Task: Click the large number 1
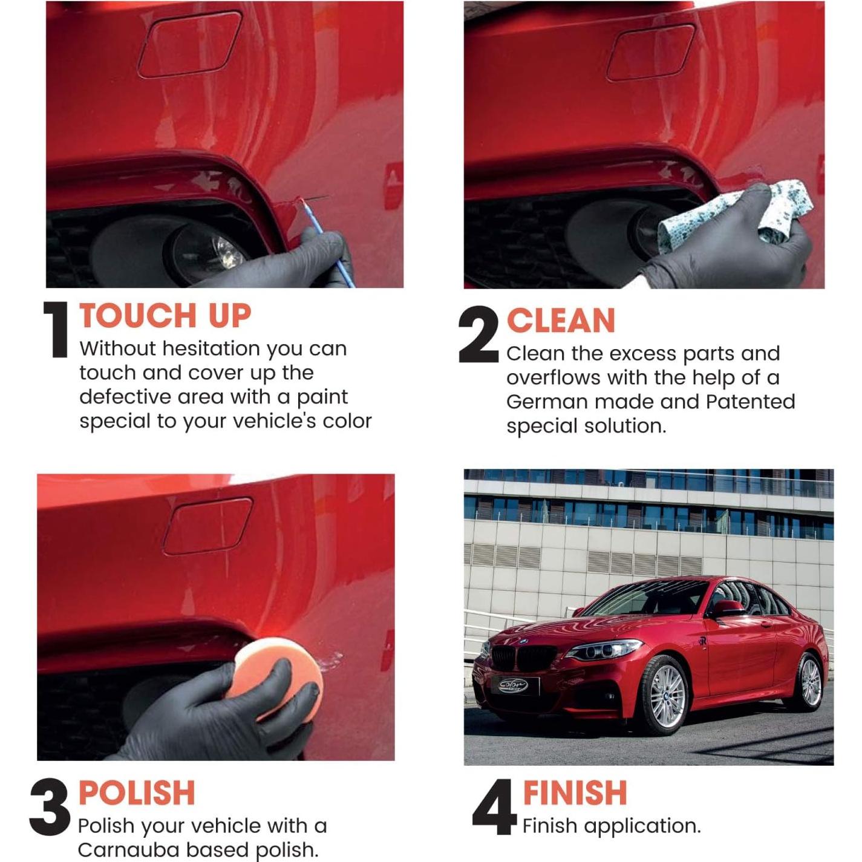(x=57, y=330)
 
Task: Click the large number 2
(x=478, y=335)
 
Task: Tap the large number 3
(x=50, y=807)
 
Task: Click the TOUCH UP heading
(x=165, y=316)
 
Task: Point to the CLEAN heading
(x=560, y=321)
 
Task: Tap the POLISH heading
(x=137, y=793)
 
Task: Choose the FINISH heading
(x=575, y=793)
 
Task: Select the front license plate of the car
(x=513, y=685)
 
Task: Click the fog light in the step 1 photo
(x=209, y=253)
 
